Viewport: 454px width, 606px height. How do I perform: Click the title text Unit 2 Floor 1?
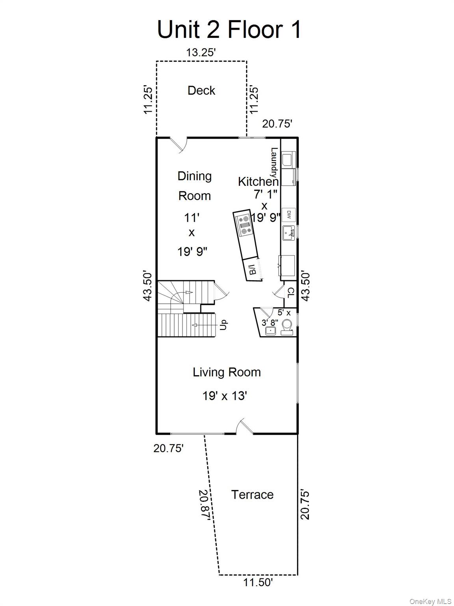click(x=229, y=29)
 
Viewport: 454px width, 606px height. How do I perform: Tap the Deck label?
click(x=201, y=90)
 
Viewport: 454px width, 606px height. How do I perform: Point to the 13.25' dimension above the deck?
click(x=201, y=52)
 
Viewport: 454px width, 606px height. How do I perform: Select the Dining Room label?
click(x=194, y=185)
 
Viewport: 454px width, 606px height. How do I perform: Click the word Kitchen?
click(x=258, y=181)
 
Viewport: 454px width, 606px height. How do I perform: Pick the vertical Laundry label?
click(x=274, y=163)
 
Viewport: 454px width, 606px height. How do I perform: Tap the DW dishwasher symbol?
click(x=288, y=215)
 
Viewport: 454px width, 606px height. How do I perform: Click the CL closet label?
click(x=291, y=292)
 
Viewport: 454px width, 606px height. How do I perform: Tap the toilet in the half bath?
click(x=287, y=327)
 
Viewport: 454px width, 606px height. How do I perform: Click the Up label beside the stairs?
click(x=223, y=325)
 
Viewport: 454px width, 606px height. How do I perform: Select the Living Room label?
click(x=227, y=372)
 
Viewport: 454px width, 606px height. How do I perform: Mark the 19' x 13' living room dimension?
click(x=225, y=395)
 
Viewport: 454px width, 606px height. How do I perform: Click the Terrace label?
click(x=252, y=494)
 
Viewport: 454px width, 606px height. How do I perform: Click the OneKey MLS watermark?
click(x=430, y=601)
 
